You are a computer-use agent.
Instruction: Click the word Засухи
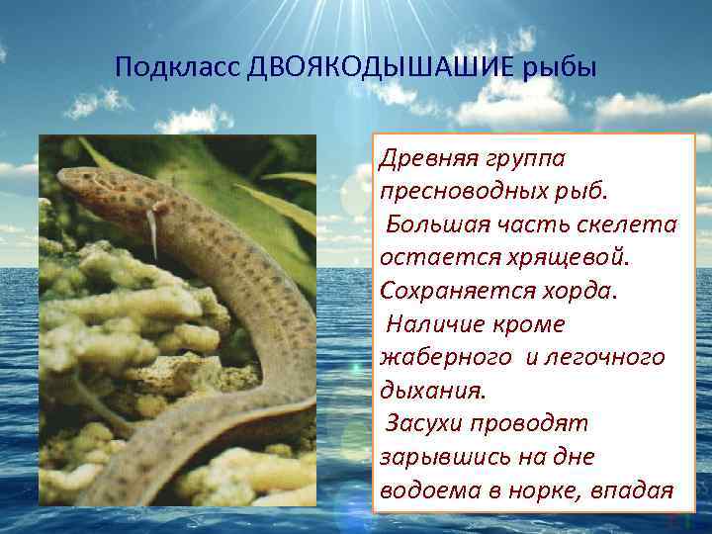[431, 423]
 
